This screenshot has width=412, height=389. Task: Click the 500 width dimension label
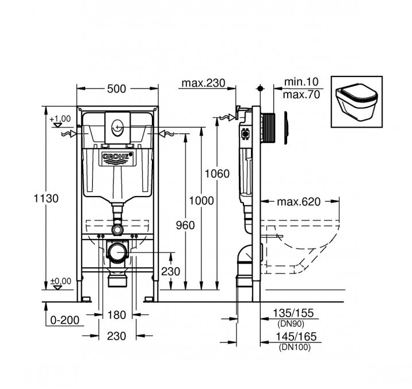(116, 88)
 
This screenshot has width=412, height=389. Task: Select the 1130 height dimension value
(46, 198)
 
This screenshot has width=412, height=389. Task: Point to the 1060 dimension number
(217, 174)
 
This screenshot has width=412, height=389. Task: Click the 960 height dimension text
(185, 225)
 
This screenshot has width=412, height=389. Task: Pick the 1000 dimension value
(201, 201)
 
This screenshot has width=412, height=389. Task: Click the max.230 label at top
(204, 83)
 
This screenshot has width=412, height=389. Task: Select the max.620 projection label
(299, 202)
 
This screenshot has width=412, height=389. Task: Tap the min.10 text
(302, 82)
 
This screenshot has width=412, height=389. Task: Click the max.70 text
(302, 94)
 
